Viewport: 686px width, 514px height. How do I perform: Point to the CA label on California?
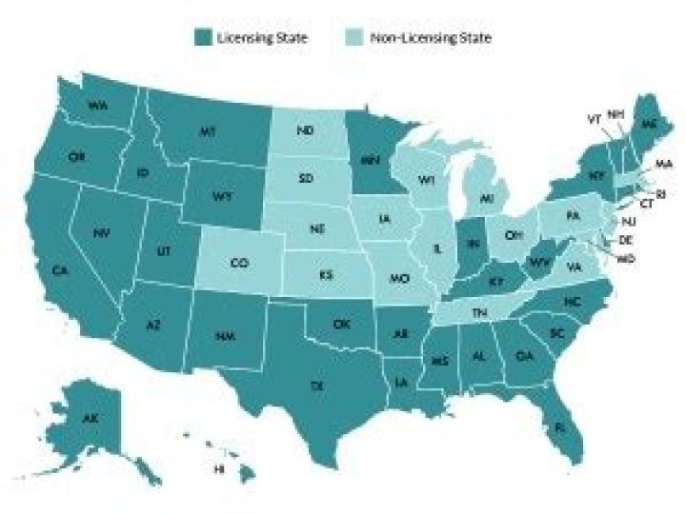coord(61,271)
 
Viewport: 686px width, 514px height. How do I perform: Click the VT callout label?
coord(592,119)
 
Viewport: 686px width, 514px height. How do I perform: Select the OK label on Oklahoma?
coord(340,324)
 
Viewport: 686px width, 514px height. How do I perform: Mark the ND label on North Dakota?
coord(307,129)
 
